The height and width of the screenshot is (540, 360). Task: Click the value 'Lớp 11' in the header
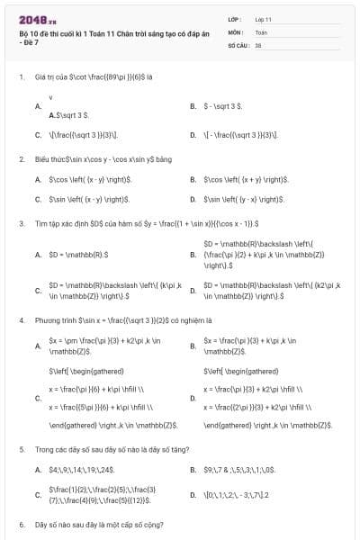tap(264, 19)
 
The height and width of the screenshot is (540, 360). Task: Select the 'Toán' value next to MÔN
tap(261, 31)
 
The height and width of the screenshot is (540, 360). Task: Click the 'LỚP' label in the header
tap(235, 19)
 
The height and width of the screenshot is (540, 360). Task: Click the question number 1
tap(21, 76)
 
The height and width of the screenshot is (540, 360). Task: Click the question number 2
tap(21, 159)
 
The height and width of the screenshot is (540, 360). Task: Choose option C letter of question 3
tap(38, 291)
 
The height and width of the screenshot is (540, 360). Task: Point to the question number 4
tap(21, 319)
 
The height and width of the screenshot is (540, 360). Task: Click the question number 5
tap(21, 448)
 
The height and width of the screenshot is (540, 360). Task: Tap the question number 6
tap(21, 524)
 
